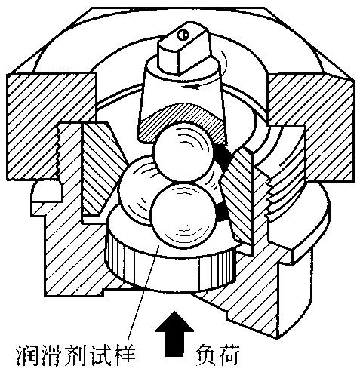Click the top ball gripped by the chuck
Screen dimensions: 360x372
[x=183, y=152]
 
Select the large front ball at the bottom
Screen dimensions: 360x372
[x=184, y=215]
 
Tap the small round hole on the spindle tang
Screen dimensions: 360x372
[x=183, y=35]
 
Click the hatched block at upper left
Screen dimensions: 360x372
[x=51, y=126]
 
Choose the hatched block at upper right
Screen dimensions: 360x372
[x=312, y=126]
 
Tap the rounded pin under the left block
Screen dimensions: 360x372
[x=47, y=192]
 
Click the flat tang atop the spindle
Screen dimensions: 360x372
[x=183, y=49]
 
